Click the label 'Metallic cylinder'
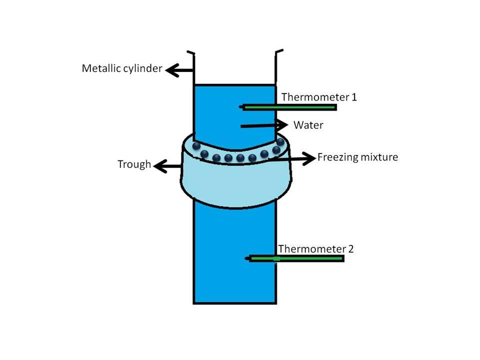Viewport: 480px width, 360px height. (122, 68)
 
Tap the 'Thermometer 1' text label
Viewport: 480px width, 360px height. (319, 96)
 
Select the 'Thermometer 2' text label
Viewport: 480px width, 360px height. (315, 248)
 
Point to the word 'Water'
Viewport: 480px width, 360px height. (308, 125)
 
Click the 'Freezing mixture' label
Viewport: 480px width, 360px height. (357, 157)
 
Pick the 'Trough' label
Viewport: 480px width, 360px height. (134, 164)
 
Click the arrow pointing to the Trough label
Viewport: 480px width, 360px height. (168, 165)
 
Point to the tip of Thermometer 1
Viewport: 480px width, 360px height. (241, 107)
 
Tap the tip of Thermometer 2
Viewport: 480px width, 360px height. (247, 258)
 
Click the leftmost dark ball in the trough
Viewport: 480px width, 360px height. (196, 145)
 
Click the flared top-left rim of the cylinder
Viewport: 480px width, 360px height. (190, 52)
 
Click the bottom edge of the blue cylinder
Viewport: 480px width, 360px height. (234, 302)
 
